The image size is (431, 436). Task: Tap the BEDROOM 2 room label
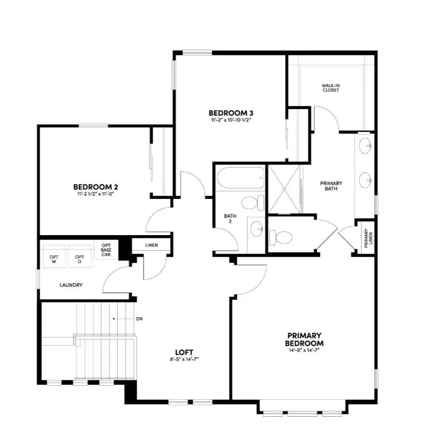click(96, 187)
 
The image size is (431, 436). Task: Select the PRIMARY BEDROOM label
click(304, 339)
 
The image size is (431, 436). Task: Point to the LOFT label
click(185, 352)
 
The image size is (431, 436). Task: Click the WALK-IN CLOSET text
click(330, 88)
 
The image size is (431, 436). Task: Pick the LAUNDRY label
click(71, 285)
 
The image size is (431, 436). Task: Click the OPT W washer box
click(54, 259)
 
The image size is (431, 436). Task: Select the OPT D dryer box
click(79, 259)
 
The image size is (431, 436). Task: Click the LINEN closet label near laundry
click(152, 245)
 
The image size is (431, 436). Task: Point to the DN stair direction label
click(140, 319)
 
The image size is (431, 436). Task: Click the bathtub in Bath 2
click(240, 179)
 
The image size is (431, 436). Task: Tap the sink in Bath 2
click(256, 227)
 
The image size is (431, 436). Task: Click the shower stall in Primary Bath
click(285, 189)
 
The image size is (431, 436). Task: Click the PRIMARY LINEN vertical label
click(368, 238)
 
